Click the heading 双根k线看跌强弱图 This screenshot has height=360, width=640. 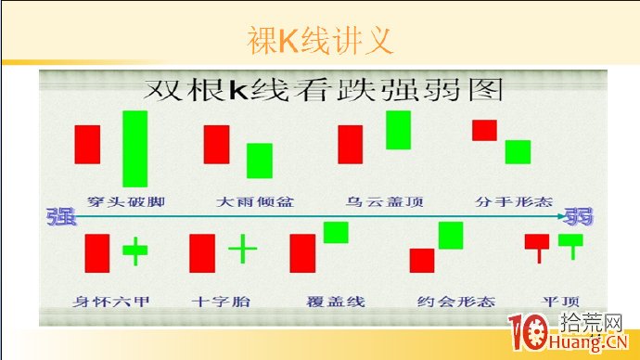point(320,90)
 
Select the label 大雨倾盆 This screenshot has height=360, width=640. point(238,200)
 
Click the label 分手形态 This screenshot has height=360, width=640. point(500,200)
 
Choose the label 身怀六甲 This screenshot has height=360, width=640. point(109,302)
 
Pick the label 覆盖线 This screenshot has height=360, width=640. point(337,302)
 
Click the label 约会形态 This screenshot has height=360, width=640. point(455,302)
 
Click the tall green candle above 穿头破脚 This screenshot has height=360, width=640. point(135,148)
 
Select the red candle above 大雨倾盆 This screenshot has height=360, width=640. point(216,144)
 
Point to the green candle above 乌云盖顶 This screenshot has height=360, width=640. point(398,130)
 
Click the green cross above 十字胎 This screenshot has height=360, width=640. point(242,249)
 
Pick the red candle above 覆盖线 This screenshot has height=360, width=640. point(302,253)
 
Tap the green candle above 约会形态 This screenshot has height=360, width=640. point(451,236)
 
